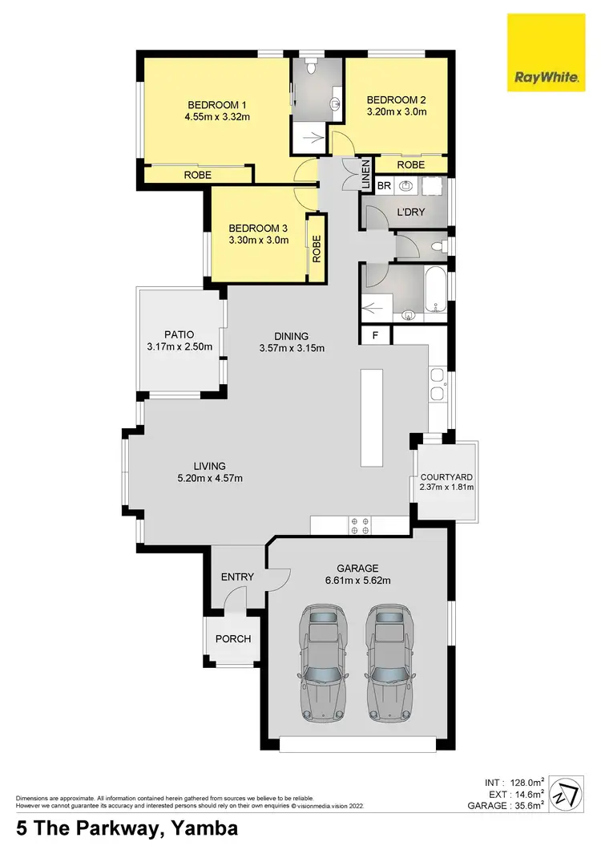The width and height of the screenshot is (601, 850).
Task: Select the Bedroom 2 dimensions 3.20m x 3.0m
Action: point(396,112)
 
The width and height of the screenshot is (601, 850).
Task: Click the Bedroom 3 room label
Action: point(257,227)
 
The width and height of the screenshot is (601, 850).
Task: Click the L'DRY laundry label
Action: point(410,212)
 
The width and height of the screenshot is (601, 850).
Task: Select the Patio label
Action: point(179,334)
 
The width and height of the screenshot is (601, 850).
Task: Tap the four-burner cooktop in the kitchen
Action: point(359,525)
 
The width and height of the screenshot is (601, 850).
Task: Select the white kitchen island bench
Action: point(372,417)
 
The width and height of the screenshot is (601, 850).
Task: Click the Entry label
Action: point(237,577)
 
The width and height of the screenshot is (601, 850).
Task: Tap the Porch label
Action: point(233,639)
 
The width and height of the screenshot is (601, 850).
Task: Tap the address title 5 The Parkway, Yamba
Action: point(127,828)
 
